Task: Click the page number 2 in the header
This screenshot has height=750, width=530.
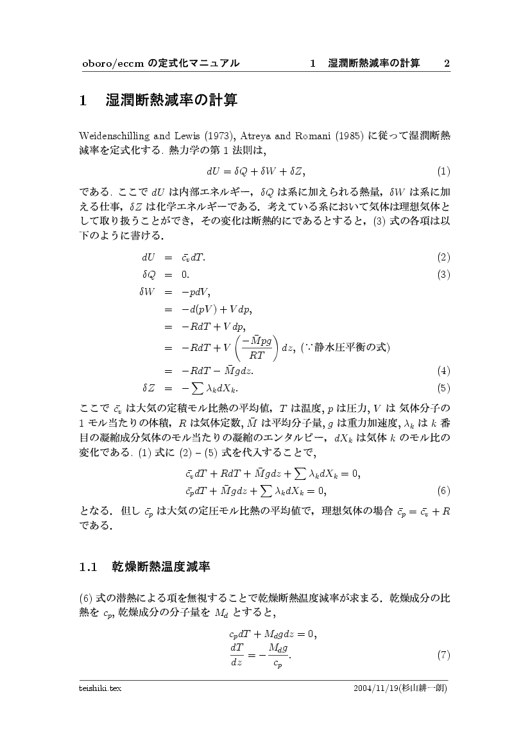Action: point(447,63)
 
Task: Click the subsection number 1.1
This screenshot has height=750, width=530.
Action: point(87,567)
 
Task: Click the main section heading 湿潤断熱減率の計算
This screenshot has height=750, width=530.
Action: point(171,101)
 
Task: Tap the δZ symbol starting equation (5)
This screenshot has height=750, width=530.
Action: point(148,388)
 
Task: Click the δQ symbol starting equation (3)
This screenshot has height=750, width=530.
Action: point(148,275)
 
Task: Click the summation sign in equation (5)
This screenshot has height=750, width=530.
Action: point(196,388)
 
